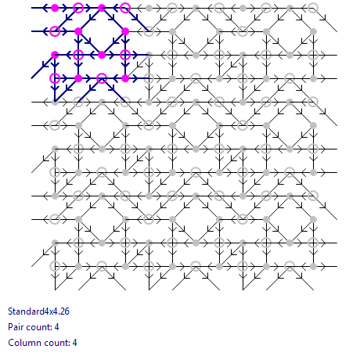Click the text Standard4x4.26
tap(38, 311)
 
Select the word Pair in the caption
tap(15, 327)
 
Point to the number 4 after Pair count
tap(56, 327)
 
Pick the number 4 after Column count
tap(74, 343)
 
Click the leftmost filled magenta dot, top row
tap(55, 8)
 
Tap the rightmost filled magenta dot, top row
tap(102, 8)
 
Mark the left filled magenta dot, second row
tap(78, 31)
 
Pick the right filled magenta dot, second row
tap(125, 31)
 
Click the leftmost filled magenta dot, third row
tap(55, 55)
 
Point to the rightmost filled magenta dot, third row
tap(102, 55)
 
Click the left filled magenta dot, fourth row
tap(78, 78)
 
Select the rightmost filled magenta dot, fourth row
tap(125, 78)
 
